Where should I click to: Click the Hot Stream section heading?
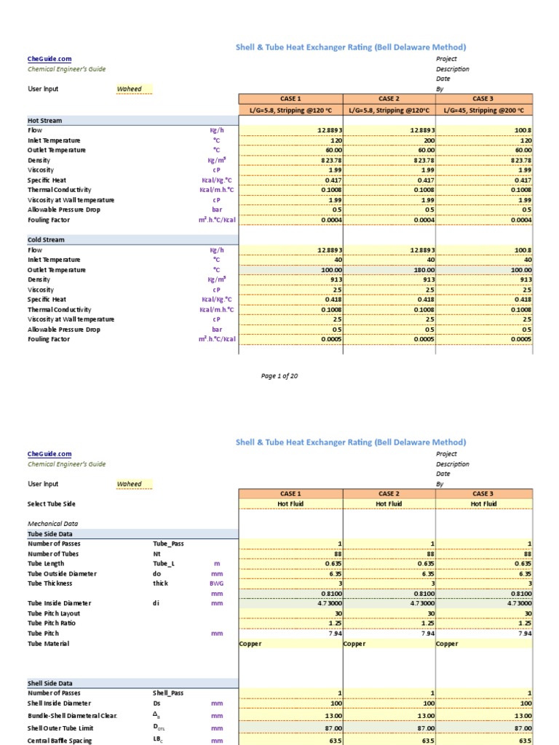(x=45, y=120)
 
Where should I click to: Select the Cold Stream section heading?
(x=47, y=239)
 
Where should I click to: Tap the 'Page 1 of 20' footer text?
(x=279, y=376)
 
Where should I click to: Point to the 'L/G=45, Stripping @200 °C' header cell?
(x=483, y=109)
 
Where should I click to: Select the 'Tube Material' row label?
(x=50, y=643)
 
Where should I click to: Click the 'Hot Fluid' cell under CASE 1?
(x=290, y=503)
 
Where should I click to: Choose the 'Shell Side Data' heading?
(x=50, y=683)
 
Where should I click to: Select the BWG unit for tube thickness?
(x=216, y=583)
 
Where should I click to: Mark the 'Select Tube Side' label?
(x=52, y=503)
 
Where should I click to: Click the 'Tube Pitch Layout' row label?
(x=57, y=613)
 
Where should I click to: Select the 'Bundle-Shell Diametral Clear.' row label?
(x=72, y=716)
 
